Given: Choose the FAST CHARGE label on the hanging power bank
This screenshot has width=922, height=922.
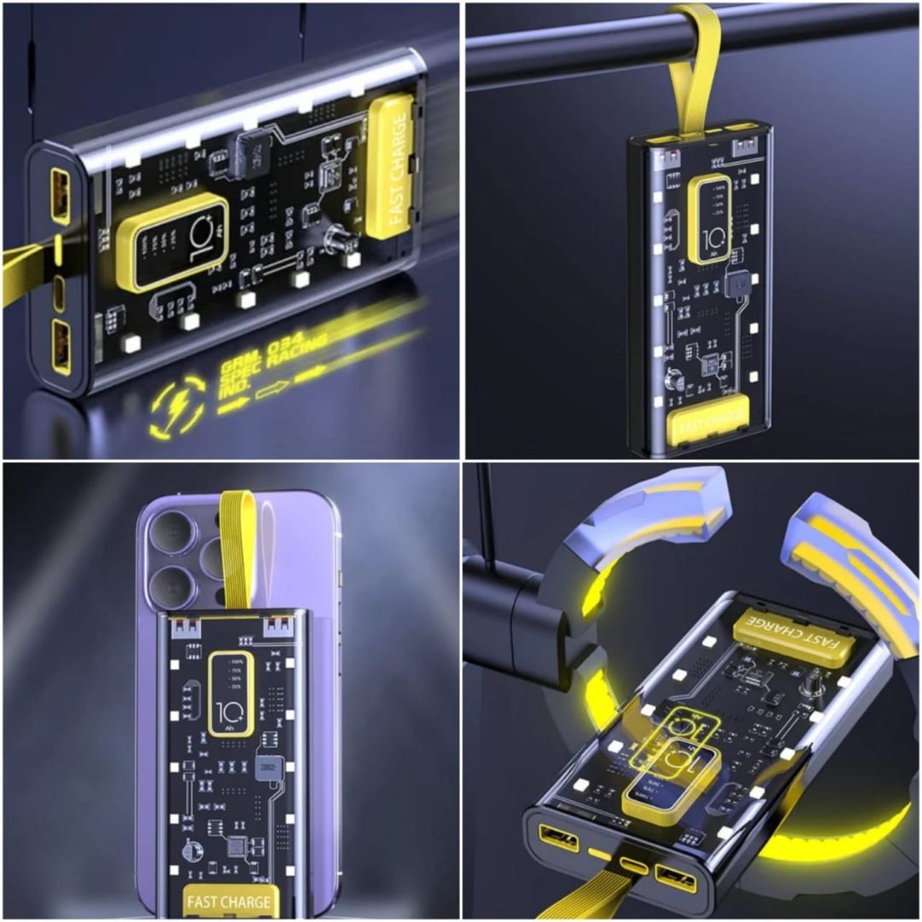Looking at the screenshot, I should click(708, 423).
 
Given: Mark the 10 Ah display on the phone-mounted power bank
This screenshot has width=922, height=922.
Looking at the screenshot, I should click(225, 691).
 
